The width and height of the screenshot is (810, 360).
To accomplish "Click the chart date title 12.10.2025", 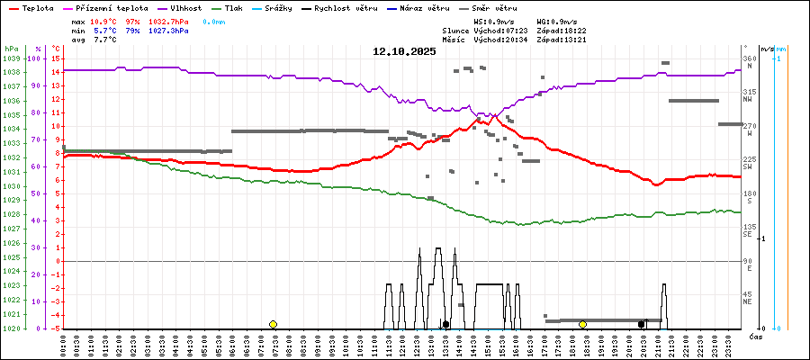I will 404,51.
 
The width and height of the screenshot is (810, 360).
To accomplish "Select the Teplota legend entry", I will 35,8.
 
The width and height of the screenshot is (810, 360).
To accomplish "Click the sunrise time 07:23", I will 517,31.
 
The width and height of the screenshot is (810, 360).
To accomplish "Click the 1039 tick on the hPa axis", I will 12,58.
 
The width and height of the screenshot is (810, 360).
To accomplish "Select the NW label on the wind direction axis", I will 748,99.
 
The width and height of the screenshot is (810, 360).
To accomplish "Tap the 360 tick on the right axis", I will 749,58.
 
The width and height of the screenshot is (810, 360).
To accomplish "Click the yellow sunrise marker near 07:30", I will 273,324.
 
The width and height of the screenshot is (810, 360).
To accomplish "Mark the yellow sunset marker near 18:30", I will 583,324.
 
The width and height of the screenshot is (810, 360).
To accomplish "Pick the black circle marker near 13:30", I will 445,324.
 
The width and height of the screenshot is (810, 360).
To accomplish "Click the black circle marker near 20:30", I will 641,324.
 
